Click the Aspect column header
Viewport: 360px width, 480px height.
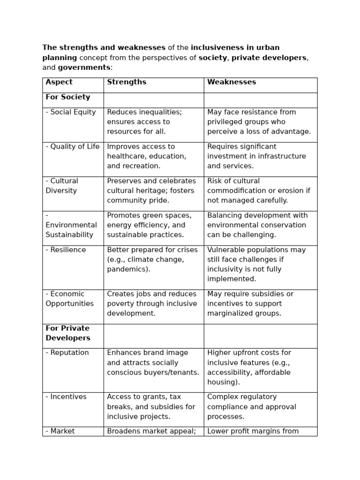click(59, 82)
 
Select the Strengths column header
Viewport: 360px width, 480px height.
click(127, 82)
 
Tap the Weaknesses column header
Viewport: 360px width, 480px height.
click(232, 82)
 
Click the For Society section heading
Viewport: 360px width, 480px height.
click(68, 97)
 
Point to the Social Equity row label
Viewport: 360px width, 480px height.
click(71, 112)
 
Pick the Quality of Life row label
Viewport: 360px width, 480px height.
click(73, 146)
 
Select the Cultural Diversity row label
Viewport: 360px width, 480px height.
click(62, 186)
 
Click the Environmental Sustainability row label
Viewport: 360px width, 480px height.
click(71, 225)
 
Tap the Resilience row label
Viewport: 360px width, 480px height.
click(66, 250)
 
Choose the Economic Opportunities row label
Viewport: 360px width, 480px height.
click(69, 299)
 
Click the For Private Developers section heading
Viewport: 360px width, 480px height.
click(68, 333)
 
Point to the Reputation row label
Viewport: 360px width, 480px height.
click(67, 352)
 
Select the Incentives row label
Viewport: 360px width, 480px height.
click(66, 397)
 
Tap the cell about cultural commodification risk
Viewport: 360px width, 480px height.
click(258, 191)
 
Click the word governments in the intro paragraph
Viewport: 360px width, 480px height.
click(84, 67)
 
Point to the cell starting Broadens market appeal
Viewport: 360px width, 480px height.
click(151, 431)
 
